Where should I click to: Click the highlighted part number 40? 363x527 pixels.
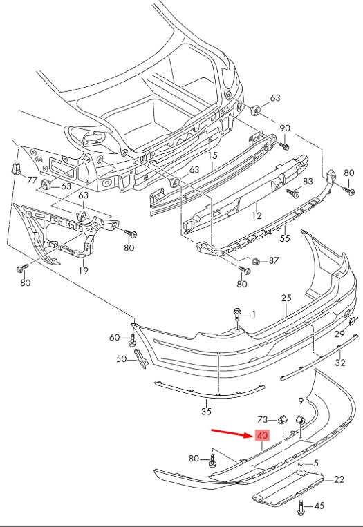click(x=262, y=436)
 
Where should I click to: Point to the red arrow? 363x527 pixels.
click(x=233, y=433)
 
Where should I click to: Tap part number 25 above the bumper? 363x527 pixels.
click(x=286, y=298)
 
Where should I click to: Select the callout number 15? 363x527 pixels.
click(x=213, y=155)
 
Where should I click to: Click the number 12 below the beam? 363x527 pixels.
click(x=257, y=215)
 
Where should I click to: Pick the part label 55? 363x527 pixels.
click(x=285, y=238)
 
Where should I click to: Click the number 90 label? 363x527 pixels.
click(x=285, y=128)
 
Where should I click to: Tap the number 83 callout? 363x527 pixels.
click(x=308, y=182)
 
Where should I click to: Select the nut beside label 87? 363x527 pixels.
click(x=256, y=260)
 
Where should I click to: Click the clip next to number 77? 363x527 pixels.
click(x=15, y=169)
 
